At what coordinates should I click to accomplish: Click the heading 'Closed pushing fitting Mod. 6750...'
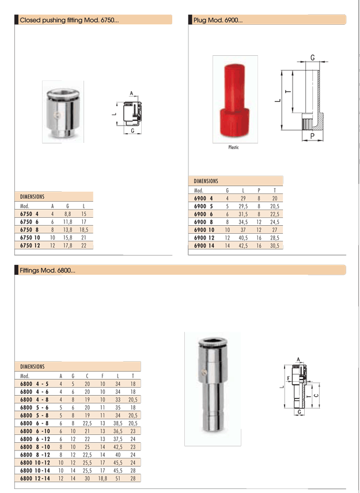pyautogui.click(x=69, y=20)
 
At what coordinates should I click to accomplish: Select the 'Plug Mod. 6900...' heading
pyautogui.click(x=218, y=20)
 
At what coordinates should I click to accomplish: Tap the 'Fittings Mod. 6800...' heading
pyautogui.click(x=47, y=270)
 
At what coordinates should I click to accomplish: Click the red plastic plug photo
pyautogui.click(x=235, y=100)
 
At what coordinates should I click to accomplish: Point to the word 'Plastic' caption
pyautogui.click(x=234, y=147)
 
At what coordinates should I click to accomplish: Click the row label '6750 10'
pyautogui.click(x=30, y=237)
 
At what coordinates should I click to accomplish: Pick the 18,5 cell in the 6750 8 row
pyautogui.click(x=84, y=230)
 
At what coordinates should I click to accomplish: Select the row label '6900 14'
pyautogui.click(x=204, y=245)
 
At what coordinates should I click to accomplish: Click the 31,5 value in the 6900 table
pyautogui.click(x=243, y=214)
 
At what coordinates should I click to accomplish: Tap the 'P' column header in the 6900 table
pyautogui.click(x=259, y=190)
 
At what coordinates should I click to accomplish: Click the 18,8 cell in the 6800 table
pyautogui.click(x=103, y=478)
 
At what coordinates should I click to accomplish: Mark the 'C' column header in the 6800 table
pyautogui.click(x=87, y=376)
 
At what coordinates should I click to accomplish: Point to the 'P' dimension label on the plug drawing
pyautogui.click(x=312, y=136)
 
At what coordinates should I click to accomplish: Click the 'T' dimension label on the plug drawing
pyautogui.click(x=287, y=92)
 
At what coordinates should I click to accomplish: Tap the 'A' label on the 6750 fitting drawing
pyautogui.click(x=131, y=93)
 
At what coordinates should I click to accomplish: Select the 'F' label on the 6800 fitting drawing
pyautogui.click(x=289, y=378)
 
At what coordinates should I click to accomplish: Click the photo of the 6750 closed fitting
pyautogui.click(x=63, y=112)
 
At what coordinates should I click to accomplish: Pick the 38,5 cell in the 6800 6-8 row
pyautogui.click(x=118, y=423)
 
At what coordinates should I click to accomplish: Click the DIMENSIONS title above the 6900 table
pyautogui.click(x=206, y=181)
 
